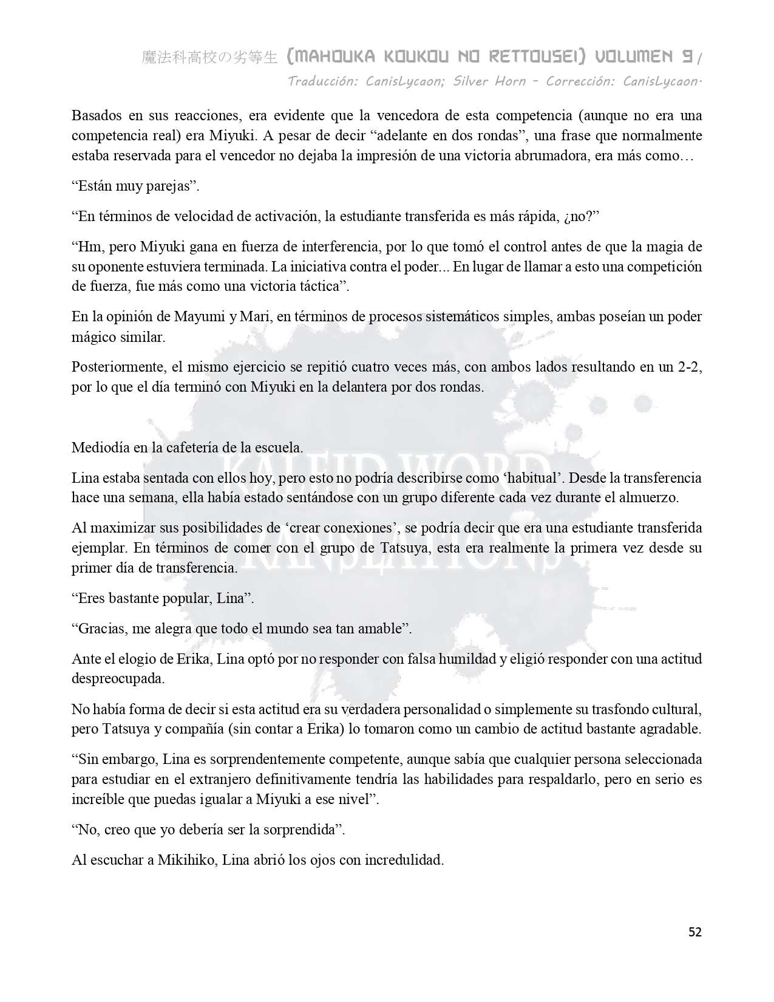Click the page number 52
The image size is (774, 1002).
point(694,932)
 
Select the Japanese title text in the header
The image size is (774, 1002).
point(209,58)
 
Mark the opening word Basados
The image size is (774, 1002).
point(94,115)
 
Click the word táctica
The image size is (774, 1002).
point(318,287)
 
